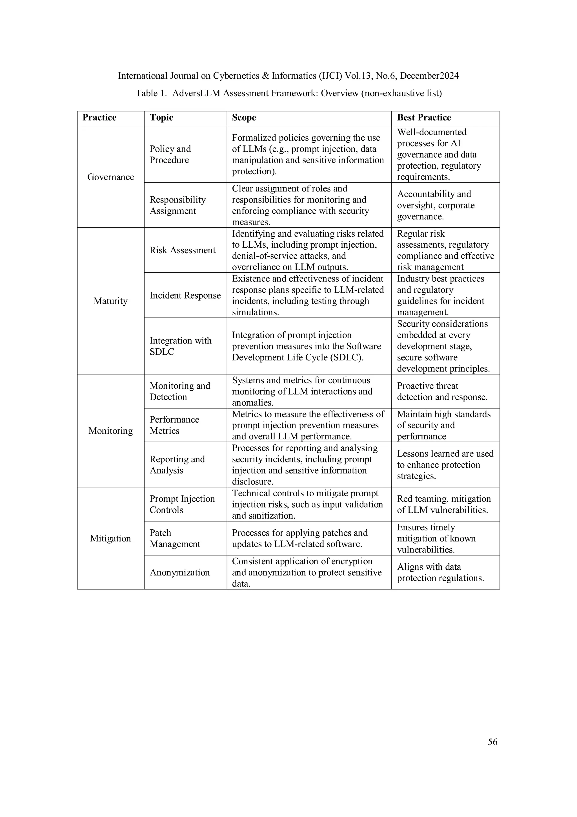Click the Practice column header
[x=99, y=118]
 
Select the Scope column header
[x=244, y=118]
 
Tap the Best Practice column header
[x=424, y=118]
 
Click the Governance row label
[x=110, y=177]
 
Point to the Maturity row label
[x=110, y=301]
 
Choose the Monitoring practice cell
[x=110, y=431]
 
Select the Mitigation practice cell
[x=110, y=538]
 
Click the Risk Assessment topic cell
[x=182, y=250]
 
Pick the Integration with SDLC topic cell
[x=180, y=346]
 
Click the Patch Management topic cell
[x=175, y=538]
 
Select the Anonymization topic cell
[x=179, y=572]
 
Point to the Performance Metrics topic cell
[x=174, y=425]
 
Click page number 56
[x=492, y=742]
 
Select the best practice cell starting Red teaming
[x=443, y=504]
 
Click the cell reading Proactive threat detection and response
[x=442, y=391]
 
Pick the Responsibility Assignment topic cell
[x=177, y=205]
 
